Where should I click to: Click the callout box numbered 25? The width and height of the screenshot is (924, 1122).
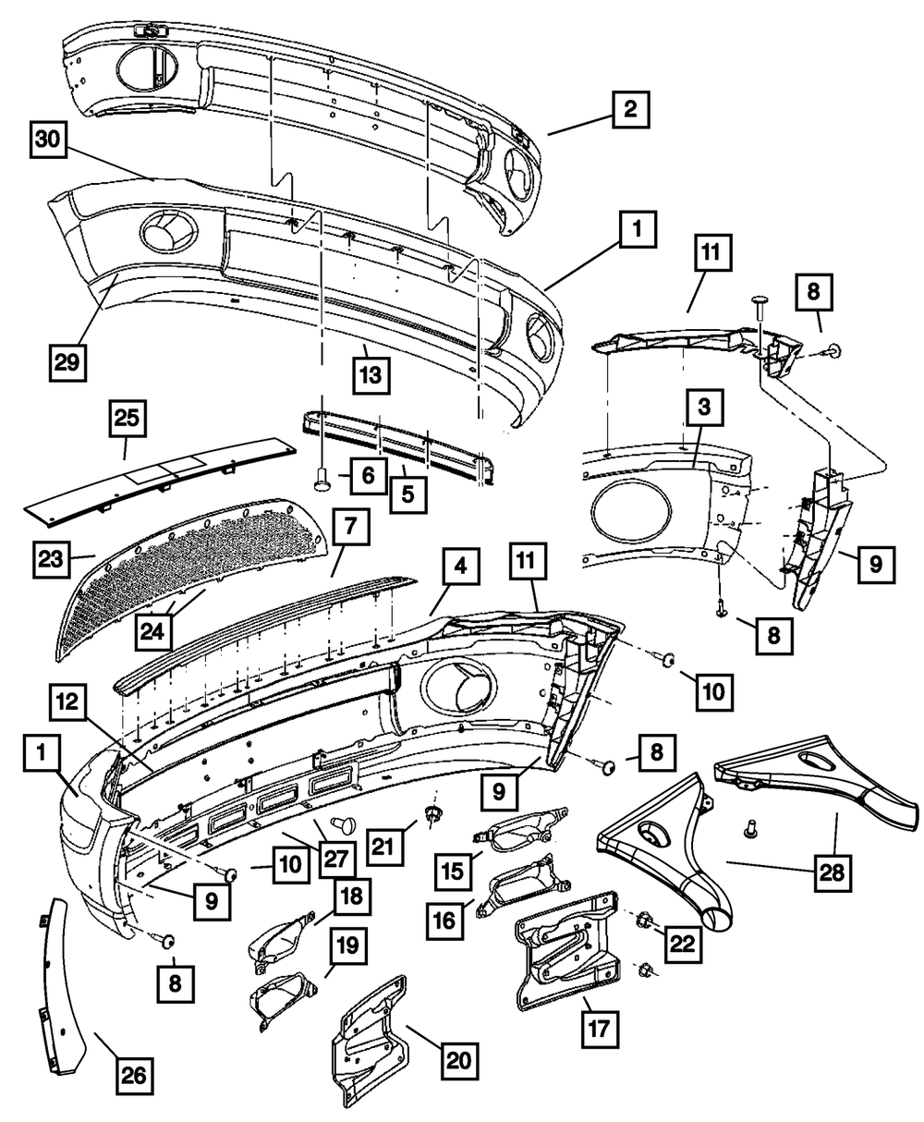pos(128,419)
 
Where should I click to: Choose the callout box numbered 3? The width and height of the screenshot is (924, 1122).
pos(705,408)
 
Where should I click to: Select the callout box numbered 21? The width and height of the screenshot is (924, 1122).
pos(388,844)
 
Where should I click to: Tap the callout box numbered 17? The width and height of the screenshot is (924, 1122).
pos(601,1025)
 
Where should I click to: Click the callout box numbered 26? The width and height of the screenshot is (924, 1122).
pos(136,1077)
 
